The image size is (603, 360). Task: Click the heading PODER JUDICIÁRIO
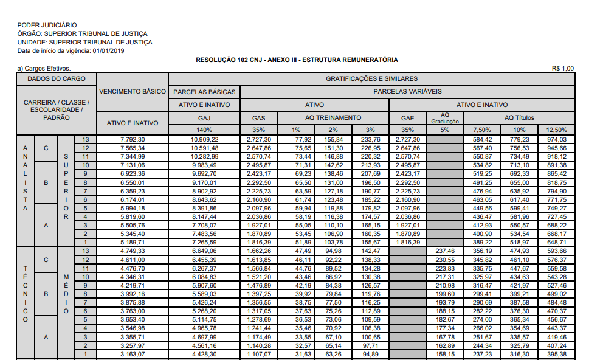click(47, 25)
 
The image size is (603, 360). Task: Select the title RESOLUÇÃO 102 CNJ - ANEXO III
click(297, 60)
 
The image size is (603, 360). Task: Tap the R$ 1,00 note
click(562, 68)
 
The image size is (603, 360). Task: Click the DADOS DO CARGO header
click(57, 79)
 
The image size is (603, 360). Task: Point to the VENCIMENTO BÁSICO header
click(133, 92)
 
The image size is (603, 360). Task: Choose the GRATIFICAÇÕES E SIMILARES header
click(371, 79)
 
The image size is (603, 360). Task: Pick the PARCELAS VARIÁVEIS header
click(407, 92)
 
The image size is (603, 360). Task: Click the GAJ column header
click(204, 117)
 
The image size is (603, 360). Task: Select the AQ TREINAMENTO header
click(333, 117)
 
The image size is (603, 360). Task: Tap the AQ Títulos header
click(520, 117)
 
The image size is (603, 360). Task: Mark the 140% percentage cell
click(204, 130)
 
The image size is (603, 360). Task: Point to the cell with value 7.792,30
click(133, 140)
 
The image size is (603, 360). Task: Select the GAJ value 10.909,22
click(204, 140)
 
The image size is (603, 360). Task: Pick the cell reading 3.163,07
click(133, 355)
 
